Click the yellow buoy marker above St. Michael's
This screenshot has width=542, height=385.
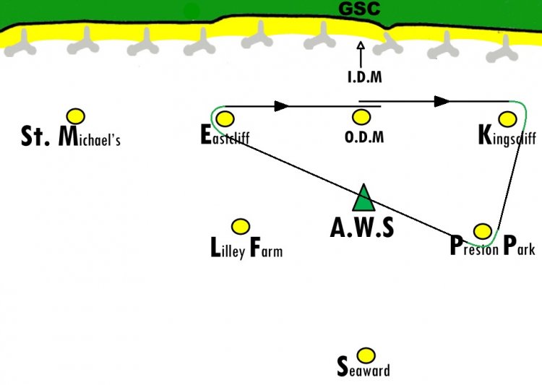pos(76,116)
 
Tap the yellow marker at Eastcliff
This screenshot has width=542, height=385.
pos(225,119)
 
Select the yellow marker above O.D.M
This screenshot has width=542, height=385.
pos(361,117)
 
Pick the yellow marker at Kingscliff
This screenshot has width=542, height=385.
pos(508,119)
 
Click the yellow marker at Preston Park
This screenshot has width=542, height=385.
pos(483,231)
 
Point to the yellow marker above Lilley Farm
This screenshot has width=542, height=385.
pos(240,227)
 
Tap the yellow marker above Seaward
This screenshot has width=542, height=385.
pos(366,355)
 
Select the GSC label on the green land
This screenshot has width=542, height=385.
pos(359,8)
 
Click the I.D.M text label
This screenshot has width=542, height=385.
pos(365,77)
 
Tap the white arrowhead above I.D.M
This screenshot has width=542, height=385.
pos(361,46)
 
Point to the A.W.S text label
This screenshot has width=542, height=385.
pos(362,228)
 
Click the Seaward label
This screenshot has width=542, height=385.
pos(364,367)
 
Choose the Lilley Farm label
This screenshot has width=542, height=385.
pos(246,248)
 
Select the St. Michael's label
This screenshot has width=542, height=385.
pos(71,137)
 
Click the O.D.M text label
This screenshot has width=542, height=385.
pos(364,137)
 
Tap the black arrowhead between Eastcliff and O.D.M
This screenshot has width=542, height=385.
pos(281,106)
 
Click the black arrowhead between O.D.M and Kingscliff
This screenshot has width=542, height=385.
pos(442,102)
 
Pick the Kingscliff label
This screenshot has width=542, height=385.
pos(507,136)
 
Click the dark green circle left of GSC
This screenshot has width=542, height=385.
pos(192,12)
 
